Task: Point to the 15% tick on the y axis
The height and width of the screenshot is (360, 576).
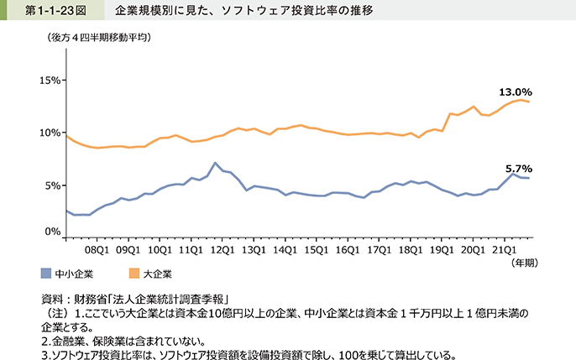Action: coord(50,81)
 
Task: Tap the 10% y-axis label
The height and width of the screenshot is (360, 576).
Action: coord(50,133)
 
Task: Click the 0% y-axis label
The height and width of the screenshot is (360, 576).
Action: coord(53,232)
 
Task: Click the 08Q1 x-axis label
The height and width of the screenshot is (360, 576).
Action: coord(97,249)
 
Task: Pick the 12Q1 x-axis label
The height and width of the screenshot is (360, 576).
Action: coord(223,249)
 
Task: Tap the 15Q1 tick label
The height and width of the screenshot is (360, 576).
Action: coord(316,249)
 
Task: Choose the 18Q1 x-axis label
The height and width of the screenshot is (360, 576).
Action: coord(410,249)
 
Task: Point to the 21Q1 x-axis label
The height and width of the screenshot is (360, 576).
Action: coord(503,249)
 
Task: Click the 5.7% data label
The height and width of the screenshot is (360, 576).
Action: coord(518,168)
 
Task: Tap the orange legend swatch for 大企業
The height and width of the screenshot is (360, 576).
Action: coord(134,274)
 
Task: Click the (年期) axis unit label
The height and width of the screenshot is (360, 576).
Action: coord(520,263)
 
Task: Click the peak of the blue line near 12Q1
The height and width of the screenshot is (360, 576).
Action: coord(216,163)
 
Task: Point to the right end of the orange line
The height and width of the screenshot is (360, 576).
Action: coord(528,102)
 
